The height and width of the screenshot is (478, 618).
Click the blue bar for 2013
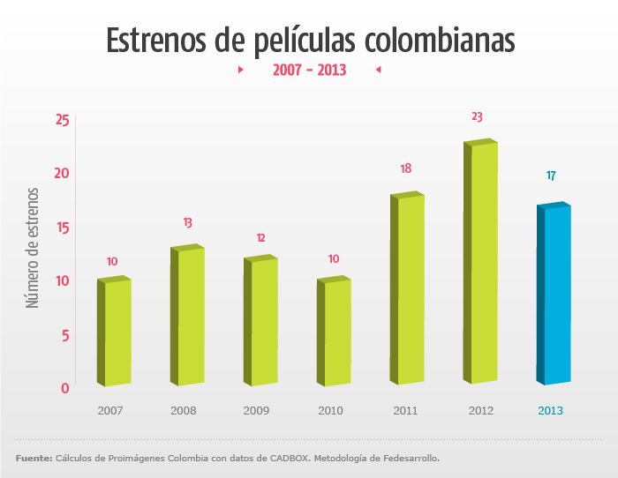pos(556,295)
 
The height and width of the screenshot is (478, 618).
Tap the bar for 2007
pos(117,332)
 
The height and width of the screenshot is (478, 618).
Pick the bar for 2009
pos(263,322)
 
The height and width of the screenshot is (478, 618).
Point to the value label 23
pos(478,116)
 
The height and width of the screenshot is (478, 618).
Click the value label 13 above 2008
pos(188,223)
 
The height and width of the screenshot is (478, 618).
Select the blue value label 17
pos(551,176)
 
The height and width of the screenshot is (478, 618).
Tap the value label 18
pos(405,168)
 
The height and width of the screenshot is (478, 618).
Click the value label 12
pos(260,238)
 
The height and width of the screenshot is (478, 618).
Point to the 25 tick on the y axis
pos(62,120)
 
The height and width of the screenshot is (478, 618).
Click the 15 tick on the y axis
pos(62,228)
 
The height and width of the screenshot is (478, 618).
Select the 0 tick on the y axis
pos(65,388)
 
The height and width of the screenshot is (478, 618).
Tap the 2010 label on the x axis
pos(330,411)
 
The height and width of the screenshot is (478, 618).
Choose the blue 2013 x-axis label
pos(550,411)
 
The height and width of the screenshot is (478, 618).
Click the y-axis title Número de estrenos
pos(34,247)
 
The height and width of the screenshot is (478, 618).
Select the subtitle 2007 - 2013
pos(309,70)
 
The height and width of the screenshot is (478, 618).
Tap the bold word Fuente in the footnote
pos(33,459)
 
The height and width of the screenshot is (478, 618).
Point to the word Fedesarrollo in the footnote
pos(404,459)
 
